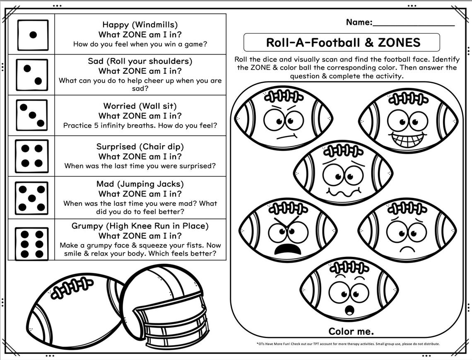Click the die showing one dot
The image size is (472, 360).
pos(33,35)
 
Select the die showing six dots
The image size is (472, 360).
pos(31,244)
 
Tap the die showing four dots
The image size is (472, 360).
pos(31,156)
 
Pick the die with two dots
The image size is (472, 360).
pos(32,75)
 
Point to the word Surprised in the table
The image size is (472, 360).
pos(116,146)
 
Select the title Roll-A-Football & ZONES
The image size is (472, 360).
pos(343,43)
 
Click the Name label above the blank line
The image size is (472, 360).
pos(359,22)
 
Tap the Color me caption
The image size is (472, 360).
pos(351,331)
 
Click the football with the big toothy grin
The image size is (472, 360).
pos(408,121)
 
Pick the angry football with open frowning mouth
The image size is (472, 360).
pos(289,230)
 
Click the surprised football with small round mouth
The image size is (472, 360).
pos(349,290)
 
